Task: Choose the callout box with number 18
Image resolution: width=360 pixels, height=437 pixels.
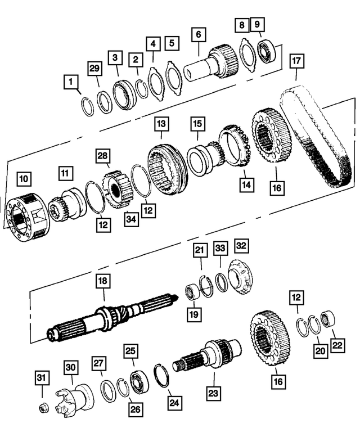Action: pos(103,280)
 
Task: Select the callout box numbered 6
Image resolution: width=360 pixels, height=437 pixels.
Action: pos(198,34)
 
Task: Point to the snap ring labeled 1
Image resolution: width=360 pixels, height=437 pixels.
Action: pos(87,105)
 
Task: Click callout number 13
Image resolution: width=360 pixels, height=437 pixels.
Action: pos(161,123)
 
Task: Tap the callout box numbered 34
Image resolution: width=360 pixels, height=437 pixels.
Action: pos(132,217)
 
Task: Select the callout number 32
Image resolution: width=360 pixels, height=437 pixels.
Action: pos(241,246)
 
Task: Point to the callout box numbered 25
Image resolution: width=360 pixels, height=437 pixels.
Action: pos(130,351)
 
